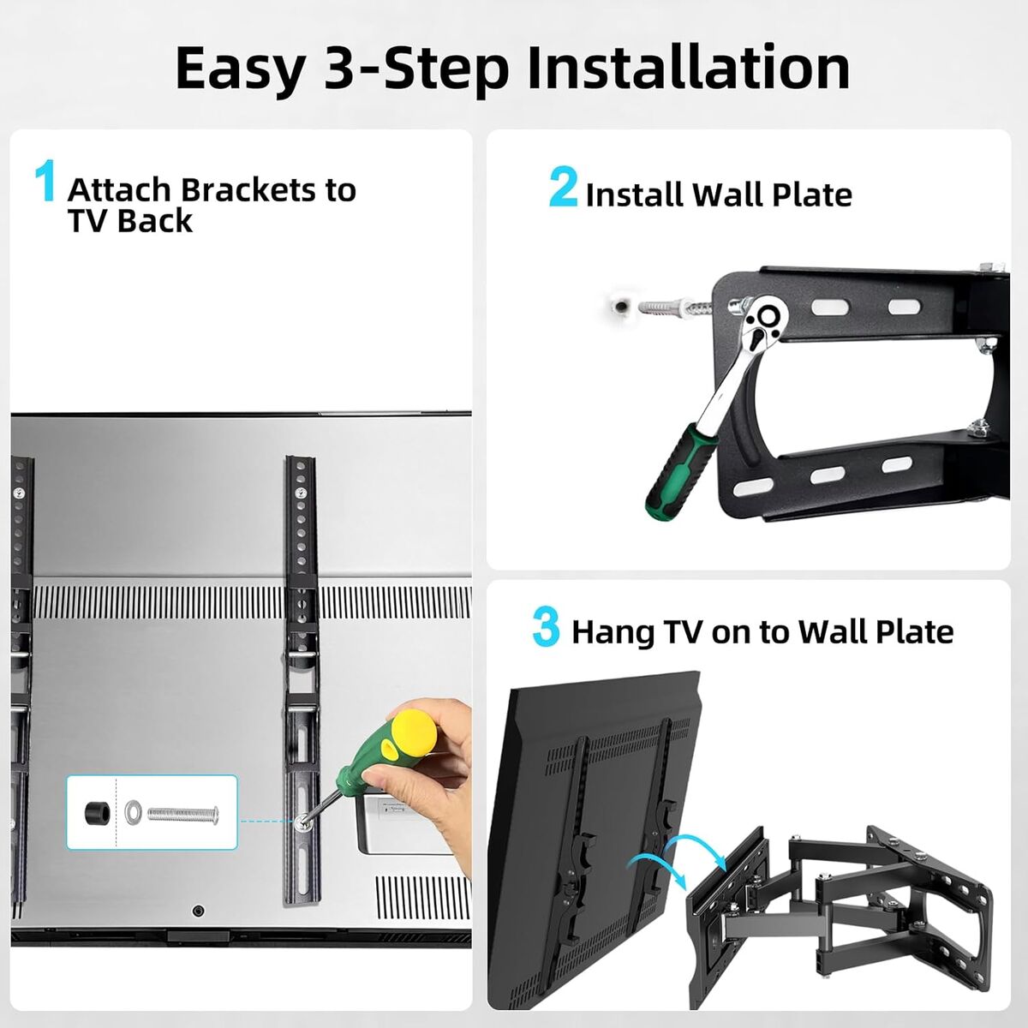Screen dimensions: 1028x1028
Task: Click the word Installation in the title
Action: tap(688, 69)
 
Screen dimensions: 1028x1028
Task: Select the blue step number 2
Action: tap(564, 186)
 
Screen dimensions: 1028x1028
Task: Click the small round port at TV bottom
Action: tap(198, 911)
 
